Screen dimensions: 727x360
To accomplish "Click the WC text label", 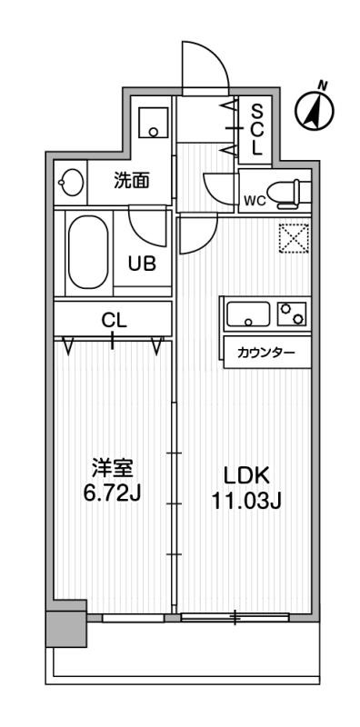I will coord(254,202).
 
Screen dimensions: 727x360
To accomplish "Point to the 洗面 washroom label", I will coord(132,180).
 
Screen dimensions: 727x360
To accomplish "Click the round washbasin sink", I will coord(72,182).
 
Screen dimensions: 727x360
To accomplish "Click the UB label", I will coord(141,265).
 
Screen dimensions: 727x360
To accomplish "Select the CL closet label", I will coord(113,320).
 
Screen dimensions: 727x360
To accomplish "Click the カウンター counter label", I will coord(265,353).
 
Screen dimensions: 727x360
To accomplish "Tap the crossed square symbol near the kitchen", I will coord(294,240).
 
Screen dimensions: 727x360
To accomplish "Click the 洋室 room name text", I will coord(113,468).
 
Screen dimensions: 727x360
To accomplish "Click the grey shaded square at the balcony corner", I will coord(66,626).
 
